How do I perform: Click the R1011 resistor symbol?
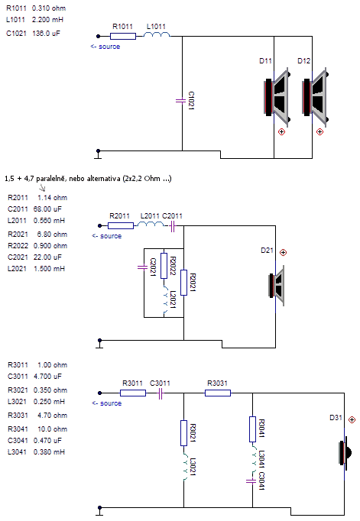[123, 36]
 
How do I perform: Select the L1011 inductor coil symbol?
[157, 34]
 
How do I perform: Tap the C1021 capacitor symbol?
[180, 100]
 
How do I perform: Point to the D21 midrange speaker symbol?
[277, 286]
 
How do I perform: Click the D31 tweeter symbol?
[345, 452]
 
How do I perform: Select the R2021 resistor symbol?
[184, 283]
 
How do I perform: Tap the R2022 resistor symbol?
[164, 266]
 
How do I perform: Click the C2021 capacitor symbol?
[142, 267]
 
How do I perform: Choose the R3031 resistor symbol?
[218, 393]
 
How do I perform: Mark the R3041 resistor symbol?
[253, 429]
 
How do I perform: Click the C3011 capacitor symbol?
[161, 393]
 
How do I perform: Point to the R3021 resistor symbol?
[184, 433]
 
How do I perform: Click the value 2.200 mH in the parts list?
[47, 20]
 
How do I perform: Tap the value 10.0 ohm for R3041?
[52, 429]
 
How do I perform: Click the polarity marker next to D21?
[283, 253]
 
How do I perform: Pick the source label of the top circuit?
[105, 47]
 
